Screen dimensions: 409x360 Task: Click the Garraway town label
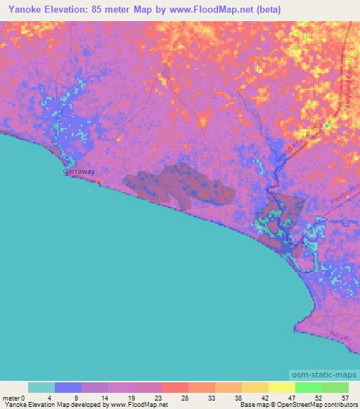pos(79,171)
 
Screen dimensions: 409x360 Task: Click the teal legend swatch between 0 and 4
pos(41,387)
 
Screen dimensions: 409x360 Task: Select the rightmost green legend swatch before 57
pos(335,387)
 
